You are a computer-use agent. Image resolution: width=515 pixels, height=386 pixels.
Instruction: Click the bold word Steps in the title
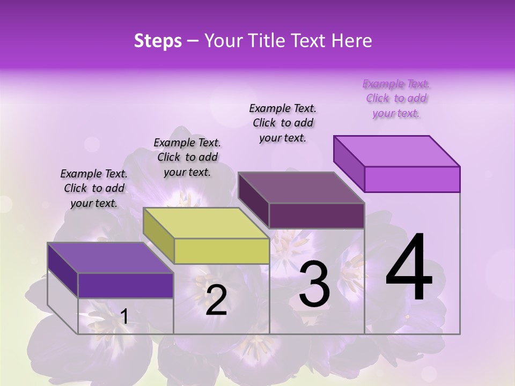[158, 41]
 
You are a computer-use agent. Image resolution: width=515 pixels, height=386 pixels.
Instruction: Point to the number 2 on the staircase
[216, 300]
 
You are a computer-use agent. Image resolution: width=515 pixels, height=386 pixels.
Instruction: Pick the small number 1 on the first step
[124, 317]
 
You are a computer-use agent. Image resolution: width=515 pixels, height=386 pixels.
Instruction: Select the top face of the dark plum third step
[301, 188]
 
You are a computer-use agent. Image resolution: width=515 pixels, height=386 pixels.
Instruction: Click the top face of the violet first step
[110, 258]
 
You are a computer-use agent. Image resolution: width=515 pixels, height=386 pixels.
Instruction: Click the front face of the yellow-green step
[222, 251]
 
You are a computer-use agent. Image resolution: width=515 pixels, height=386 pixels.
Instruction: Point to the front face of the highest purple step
[412, 179]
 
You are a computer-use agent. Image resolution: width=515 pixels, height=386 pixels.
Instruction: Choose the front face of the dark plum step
[317, 216]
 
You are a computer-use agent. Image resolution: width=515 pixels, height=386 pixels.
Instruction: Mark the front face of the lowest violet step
[126, 285]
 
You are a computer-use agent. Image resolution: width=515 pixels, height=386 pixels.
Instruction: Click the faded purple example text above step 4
[396, 99]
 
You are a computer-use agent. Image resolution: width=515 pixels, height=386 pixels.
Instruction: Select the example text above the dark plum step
[283, 123]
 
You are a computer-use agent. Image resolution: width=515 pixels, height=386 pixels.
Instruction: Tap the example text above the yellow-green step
[187, 157]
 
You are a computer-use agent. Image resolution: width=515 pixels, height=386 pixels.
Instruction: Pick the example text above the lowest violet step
[94, 188]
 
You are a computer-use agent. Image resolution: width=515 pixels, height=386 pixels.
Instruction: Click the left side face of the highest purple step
[349, 164]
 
